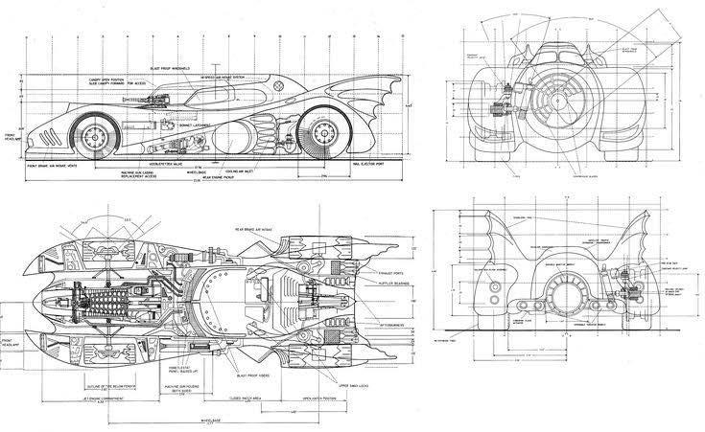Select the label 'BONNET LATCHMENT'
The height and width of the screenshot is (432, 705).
(197, 125)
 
